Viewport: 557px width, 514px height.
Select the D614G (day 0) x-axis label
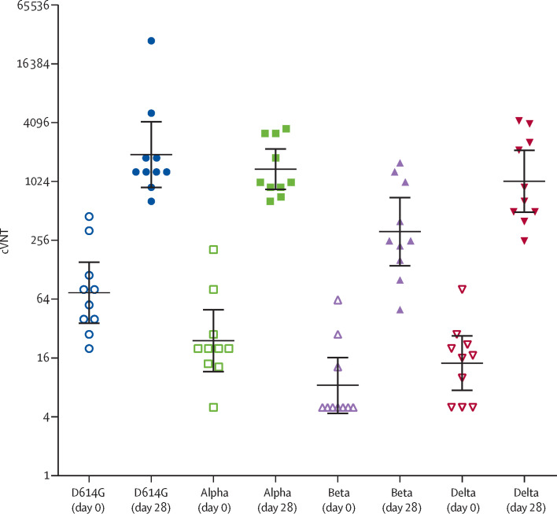[89, 494]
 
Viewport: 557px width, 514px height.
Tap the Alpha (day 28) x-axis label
[275, 494]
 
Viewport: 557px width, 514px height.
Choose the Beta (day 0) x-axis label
[338, 494]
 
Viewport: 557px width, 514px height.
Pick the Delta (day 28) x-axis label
[525, 494]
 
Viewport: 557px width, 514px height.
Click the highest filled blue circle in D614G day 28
[152, 41]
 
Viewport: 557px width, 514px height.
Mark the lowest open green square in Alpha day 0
[213, 407]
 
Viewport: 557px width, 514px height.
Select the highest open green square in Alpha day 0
[213, 250]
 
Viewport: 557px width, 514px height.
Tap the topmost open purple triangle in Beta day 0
[338, 300]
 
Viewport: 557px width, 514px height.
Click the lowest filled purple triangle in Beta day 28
[400, 310]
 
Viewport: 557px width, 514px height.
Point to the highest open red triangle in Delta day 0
[463, 289]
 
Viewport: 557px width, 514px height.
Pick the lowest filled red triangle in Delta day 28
[525, 240]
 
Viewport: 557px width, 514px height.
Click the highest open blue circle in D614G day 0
[90, 216]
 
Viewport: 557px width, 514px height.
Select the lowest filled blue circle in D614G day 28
[152, 201]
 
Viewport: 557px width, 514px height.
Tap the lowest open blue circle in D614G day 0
[90, 348]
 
